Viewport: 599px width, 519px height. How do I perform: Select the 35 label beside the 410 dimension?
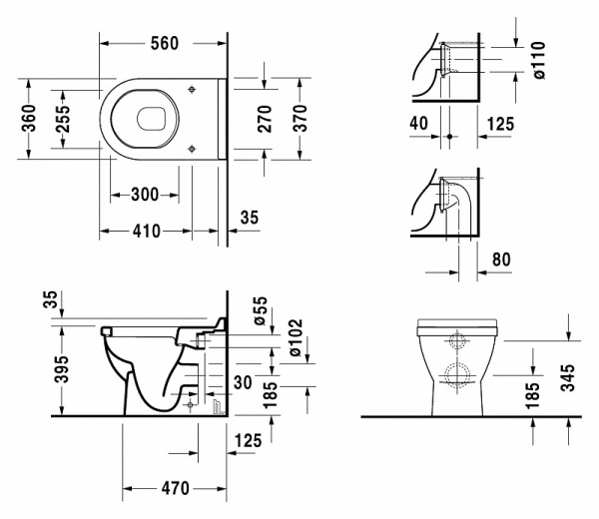[x=249, y=217]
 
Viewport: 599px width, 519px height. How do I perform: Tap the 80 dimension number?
[x=502, y=259]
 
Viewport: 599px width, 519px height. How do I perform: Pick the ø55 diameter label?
[x=262, y=312]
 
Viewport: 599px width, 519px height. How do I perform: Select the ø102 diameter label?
[x=298, y=340]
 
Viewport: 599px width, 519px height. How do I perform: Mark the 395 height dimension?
[x=62, y=367]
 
